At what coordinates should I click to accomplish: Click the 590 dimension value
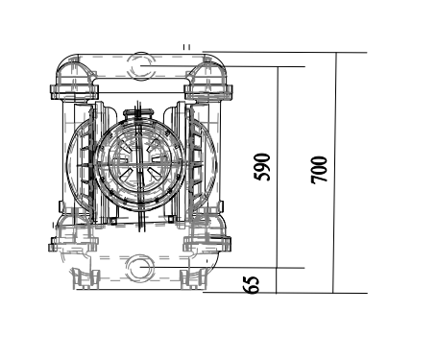click(x=262, y=166)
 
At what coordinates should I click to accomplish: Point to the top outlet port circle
click(x=140, y=65)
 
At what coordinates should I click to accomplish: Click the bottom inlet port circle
click(x=140, y=266)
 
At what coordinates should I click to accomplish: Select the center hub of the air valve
click(x=139, y=161)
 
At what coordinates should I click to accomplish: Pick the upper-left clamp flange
click(x=74, y=92)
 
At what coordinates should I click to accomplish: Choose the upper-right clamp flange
click(x=208, y=92)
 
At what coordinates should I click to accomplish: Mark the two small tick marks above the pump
click(x=186, y=45)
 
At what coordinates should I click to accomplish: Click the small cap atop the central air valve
click(x=140, y=114)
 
